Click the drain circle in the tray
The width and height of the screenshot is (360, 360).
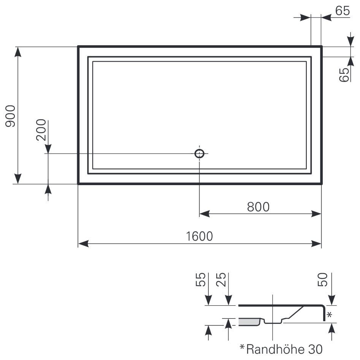click(x=199, y=149)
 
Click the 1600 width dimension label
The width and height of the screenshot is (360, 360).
click(x=199, y=236)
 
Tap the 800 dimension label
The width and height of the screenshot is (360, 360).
click(x=258, y=207)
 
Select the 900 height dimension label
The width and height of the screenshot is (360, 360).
click(x=10, y=116)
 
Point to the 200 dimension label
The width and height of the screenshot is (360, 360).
click(x=41, y=130)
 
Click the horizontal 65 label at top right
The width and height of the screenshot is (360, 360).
click(x=343, y=11)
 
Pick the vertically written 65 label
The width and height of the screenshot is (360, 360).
click(x=344, y=75)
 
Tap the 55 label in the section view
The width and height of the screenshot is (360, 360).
click(x=200, y=279)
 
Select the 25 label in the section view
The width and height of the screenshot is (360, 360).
click(x=221, y=279)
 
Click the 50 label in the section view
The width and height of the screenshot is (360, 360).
click(x=322, y=279)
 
